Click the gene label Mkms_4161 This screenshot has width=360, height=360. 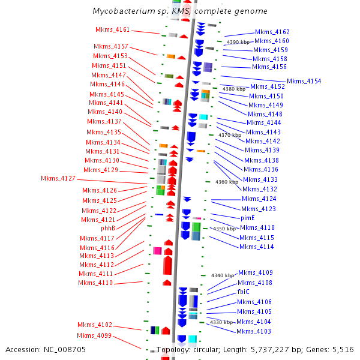[x=113, y=29]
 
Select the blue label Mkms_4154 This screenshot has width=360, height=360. [x=304, y=81]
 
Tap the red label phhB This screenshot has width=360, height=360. [x=108, y=228]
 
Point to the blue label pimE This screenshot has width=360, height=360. [x=248, y=218]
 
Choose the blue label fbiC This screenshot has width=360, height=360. [x=244, y=292]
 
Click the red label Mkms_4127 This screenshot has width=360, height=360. [x=58, y=178]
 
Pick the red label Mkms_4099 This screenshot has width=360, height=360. [x=94, y=335]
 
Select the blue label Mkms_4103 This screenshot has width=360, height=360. [x=254, y=331]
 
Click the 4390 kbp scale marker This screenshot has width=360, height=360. [x=238, y=42]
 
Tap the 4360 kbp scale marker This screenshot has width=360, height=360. [x=227, y=182]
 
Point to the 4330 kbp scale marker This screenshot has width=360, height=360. [x=221, y=322]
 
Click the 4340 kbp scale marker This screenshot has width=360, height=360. [x=223, y=275]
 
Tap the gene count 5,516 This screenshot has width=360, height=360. [x=343, y=349]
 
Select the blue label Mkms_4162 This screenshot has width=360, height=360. [x=272, y=32]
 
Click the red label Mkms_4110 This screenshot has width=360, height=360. [x=95, y=283]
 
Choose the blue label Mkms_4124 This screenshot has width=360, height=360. [x=259, y=199]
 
